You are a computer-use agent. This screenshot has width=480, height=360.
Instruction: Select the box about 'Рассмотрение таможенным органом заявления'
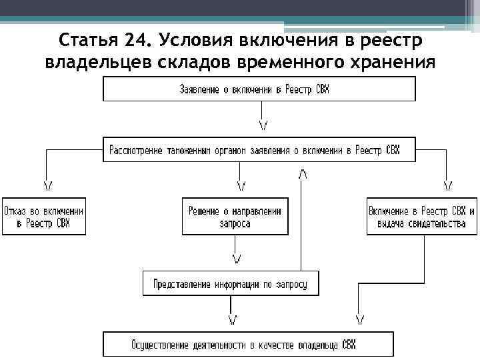pyautogui.click(x=259, y=149)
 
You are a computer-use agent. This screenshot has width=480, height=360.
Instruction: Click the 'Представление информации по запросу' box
pyautogui.click(x=230, y=283)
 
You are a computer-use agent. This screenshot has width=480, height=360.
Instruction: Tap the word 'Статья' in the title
pyautogui.click(x=88, y=39)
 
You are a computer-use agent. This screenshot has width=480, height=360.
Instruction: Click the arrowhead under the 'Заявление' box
pyautogui.click(x=263, y=125)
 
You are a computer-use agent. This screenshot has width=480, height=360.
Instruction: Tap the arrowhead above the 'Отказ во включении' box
pyautogui.click(x=49, y=184)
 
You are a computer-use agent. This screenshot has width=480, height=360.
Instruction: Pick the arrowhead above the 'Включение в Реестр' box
pyautogui.click(x=448, y=184)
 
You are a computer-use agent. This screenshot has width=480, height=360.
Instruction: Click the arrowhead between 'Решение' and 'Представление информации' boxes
pyautogui.click(x=235, y=257)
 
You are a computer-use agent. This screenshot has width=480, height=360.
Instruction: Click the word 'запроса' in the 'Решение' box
pyautogui.click(x=235, y=224)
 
